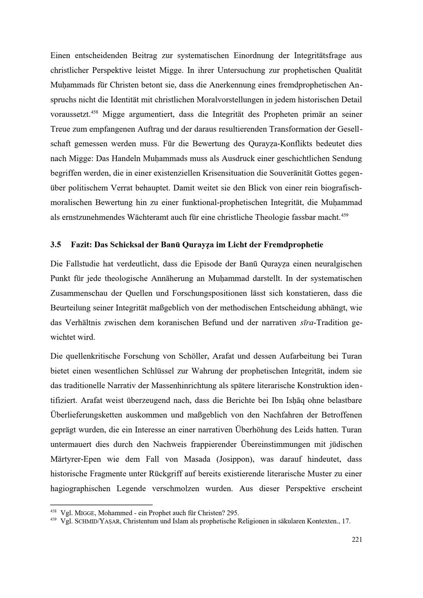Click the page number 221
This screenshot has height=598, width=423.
[x=357, y=539]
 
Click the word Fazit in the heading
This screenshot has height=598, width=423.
[x=80, y=244]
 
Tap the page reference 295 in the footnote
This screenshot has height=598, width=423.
[x=233, y=513]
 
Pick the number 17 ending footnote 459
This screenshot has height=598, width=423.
[x=346, y=521]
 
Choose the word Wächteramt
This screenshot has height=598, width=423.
[x=121, y=217]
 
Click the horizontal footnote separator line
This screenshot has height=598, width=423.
[x=101, y=505]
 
